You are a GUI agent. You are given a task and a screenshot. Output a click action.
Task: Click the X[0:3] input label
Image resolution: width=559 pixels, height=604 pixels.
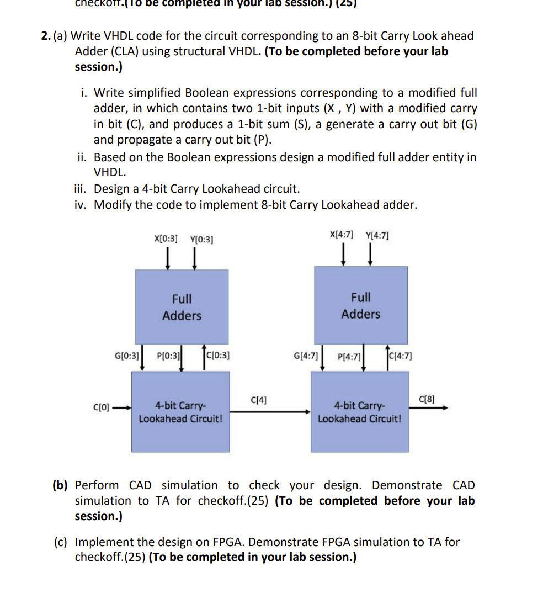point(166,239)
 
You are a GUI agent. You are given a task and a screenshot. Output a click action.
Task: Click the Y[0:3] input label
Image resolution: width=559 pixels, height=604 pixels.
point(201,240)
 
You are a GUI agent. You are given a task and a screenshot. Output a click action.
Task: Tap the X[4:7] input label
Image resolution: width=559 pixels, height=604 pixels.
point(342,234)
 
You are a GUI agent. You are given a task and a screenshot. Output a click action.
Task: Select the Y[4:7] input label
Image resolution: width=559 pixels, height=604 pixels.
point(377,235)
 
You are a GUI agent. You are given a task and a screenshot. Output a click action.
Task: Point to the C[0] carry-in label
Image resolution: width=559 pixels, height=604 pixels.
point(102,408)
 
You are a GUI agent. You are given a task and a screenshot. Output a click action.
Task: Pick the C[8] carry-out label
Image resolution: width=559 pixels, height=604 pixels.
point(427,399)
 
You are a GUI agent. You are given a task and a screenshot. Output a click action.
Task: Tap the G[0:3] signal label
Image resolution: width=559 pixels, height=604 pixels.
point(126,355)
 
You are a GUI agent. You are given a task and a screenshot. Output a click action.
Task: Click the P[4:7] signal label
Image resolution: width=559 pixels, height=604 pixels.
point(349,356)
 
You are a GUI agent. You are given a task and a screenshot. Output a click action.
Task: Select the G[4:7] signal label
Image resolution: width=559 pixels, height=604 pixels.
point(306,356)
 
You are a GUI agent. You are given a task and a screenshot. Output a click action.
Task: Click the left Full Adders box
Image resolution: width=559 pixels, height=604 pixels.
point(182,307)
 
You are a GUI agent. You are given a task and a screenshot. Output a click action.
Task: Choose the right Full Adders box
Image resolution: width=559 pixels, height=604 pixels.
point(361,305)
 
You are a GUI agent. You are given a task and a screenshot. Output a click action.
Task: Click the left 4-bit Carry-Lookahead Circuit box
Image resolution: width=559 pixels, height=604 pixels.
point(180,412)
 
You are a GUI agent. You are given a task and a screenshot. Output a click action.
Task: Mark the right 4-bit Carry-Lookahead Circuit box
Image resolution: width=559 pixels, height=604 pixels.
point(360,412)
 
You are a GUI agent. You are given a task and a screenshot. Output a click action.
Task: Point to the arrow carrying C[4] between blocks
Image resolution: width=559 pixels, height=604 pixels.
point(270,411)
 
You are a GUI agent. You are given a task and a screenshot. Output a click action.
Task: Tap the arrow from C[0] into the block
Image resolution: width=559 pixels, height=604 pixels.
point(121,409)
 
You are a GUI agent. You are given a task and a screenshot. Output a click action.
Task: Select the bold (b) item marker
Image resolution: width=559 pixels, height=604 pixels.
point(60,485)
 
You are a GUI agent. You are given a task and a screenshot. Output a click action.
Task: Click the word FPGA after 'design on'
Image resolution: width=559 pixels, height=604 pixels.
point(231,542)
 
